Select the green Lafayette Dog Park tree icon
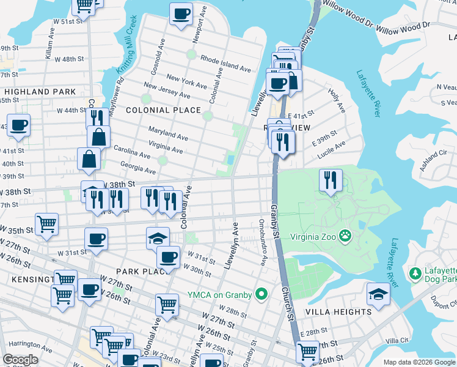(x=415, y=272)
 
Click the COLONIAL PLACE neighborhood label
(x=163, y=110)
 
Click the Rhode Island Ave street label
(x=225, y=64)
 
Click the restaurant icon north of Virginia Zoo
(x=330, y=180)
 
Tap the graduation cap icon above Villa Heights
(x=378, y=294)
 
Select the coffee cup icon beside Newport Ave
(x=181, y=13)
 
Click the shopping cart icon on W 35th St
(x=47, y=223)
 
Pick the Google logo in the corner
(x=20, y=360)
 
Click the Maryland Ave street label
(x=168, y=133)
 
